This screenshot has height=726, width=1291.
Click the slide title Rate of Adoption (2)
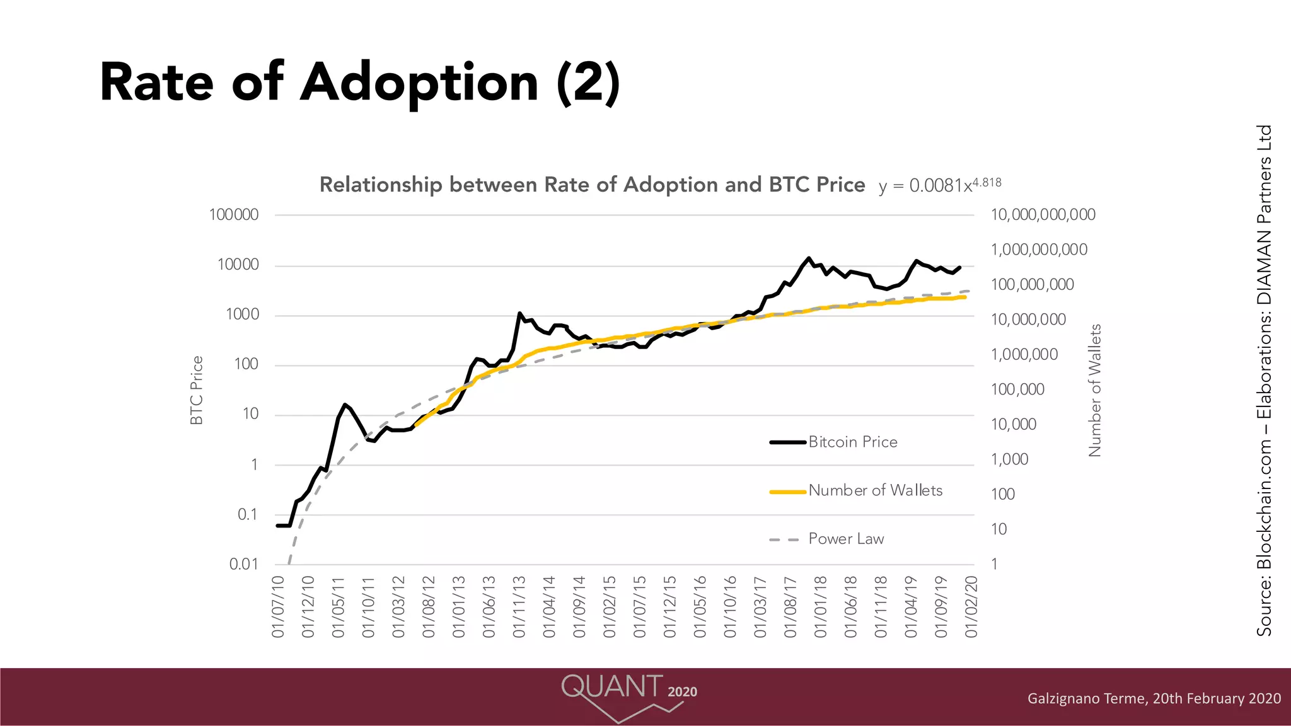coord(359,83)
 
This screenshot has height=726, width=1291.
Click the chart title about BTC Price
coord(592,185)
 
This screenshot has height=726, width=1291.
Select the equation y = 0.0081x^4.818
coord(939,185)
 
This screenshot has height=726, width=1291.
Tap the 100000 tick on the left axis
coord(234,215)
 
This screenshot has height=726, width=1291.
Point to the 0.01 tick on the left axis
coord(244,564)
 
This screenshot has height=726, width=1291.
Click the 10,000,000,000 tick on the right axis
coord(1043,215)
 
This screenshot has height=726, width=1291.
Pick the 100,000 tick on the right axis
coord(1017,389)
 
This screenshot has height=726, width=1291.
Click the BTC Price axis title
coord(197,390)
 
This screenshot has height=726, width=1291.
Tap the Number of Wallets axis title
coord(1095,390)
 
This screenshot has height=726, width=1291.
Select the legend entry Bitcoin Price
coord(852,442)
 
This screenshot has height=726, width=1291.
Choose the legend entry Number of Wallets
coord(875,490)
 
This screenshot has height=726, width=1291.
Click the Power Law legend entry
coord(846,539)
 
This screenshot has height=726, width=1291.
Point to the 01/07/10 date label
coord(278,606)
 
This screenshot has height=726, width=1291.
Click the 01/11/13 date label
coord(519,606)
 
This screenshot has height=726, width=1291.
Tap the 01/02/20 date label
coord(971,606)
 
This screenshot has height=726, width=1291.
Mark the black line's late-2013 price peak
coord(519,313)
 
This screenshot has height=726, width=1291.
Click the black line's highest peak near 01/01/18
coord(809,258)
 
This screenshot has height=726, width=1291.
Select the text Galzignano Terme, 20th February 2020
coord(1154,698)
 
